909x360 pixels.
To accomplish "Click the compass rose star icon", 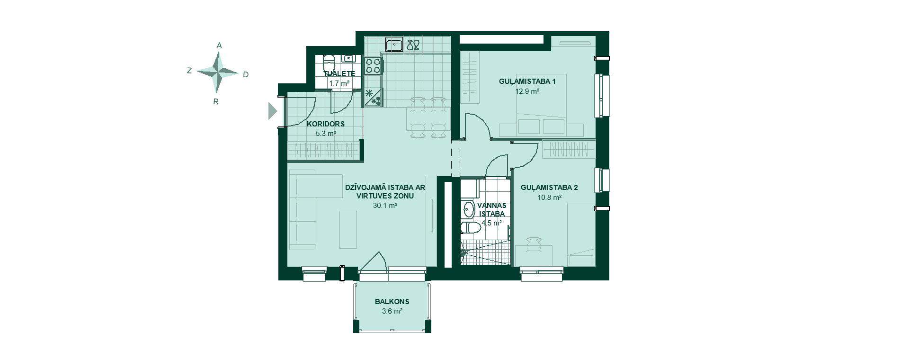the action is pyautogui.click(x=217, y=72).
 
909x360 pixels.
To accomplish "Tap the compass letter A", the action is pyautogui.click(x=219, y=45).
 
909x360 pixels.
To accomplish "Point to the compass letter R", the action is pyautogui.click(x=216, y=101).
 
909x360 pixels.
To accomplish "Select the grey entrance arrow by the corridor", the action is pyautogui.click(x=272, y=111).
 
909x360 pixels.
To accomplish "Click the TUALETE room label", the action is pyautogui.click(x=339, y=74).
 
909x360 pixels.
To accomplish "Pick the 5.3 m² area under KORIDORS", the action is pyautogui.click(x=326, y=134).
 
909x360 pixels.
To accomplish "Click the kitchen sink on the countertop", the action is pyautogui.click(x=394, y=45).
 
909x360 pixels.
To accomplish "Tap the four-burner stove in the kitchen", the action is pyautogui.click(x=373, y=65).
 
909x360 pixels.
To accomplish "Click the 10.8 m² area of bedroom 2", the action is pyautogui.click(x=549, y=197).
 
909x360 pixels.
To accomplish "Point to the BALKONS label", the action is pyautogui.click(x=392, y=302).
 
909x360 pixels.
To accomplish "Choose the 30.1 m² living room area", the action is pyautogui.click(x=385, y=206).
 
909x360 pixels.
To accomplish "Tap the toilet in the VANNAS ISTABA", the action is pyautogui.click(x=471, y=228).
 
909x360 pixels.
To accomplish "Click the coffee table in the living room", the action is pyautogui.click(x=348, y=230).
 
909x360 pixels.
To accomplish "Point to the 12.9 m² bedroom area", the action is pyautogui.click(x=527, y=91).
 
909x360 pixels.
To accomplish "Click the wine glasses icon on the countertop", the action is pyautogui.click(x=413, y=45).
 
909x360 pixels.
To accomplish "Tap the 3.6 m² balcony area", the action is pyautogui.click(x=392, y=311).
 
